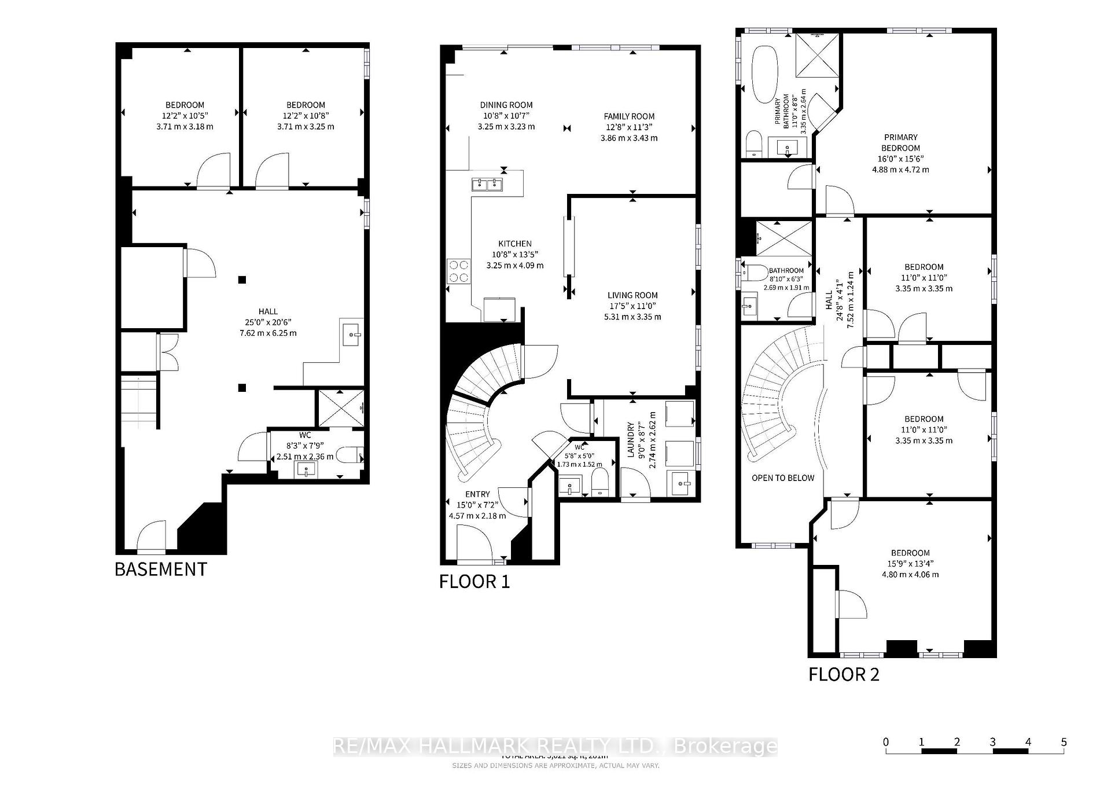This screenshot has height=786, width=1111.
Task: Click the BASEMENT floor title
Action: tap(160, 569)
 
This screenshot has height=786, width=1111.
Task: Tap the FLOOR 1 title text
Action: tap(474, 581)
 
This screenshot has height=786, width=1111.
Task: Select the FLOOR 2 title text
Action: tap(844, 674)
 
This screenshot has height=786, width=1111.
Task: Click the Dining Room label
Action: tap(506, 105)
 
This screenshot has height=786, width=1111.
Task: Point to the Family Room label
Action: tap(629, 116)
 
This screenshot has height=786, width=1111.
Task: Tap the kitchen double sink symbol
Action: tap(487, 185)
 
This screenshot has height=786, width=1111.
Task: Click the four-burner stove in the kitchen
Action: tap(458, 271)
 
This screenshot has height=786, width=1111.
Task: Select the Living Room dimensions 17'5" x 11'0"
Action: tap(632, 306)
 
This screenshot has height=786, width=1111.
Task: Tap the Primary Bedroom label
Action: tap(900, 142)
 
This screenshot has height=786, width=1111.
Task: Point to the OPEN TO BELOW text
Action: tap(783, 478)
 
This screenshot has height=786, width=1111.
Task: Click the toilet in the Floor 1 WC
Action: tap(600, 482)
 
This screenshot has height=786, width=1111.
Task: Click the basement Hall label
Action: tap(268, 311)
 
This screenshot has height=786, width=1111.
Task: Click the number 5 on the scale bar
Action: tap(1064, 742)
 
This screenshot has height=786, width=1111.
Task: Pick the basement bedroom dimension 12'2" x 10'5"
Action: tap(185, 116)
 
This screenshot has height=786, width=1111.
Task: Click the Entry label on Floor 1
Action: tap(477, 494)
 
